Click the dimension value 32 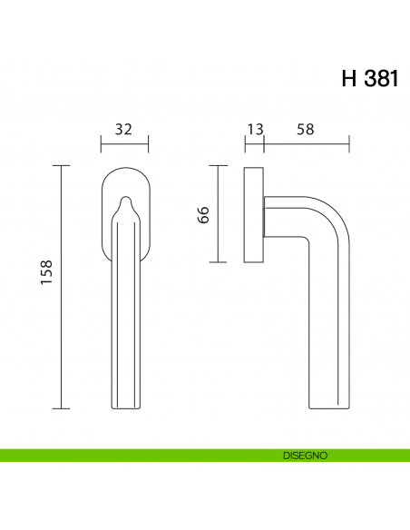point(124,129)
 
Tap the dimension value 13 point(255,129)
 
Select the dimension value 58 point(305,129)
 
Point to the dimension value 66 point(204,214)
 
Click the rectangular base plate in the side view point(254,214)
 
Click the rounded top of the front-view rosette point(124,169)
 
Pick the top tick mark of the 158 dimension point(62,166)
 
